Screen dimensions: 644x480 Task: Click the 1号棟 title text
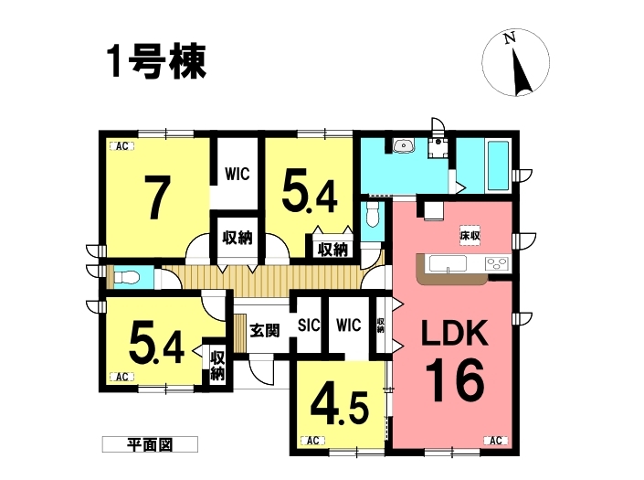point(156,61)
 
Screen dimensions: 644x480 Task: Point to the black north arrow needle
point(522,71)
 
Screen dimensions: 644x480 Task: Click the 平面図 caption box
point(150,444)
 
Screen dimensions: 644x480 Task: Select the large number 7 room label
point(157,197)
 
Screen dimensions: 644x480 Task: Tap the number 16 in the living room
point(455,379)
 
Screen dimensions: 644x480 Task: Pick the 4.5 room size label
point(339,406)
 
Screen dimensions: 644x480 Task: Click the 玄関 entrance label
point(265,329)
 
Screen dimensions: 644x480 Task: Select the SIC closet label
point(309,325)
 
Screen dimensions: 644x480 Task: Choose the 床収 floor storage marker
point(470,236)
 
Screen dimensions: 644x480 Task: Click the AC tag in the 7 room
point(122,146)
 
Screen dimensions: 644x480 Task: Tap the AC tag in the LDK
point(496,441)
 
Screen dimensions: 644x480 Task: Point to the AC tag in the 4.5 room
point(313,441)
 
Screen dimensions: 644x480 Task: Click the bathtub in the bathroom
point(498,165)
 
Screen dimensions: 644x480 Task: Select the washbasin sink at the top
point(404,145)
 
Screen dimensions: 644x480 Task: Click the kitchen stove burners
point(497,263)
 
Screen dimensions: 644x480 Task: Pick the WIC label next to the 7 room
point(238,174)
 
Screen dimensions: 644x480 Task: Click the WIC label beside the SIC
point(348,325)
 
